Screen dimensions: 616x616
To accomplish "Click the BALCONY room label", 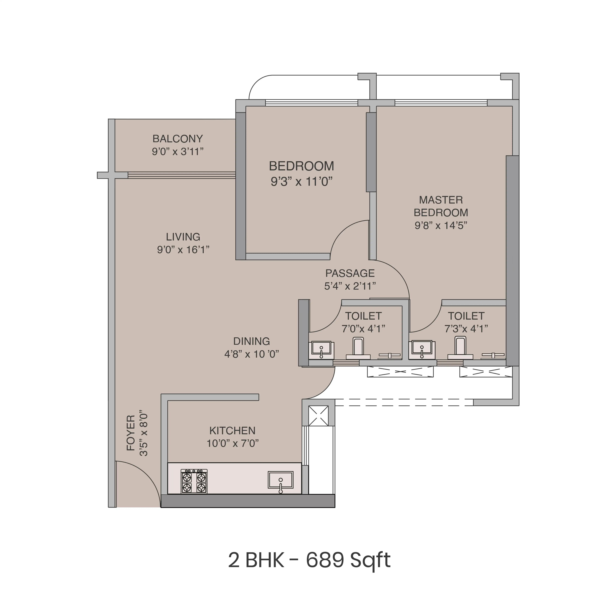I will pyautogui.click(x=178, y=139).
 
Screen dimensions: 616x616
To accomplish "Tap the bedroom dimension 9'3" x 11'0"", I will pyautogui.click(x=301, y=182).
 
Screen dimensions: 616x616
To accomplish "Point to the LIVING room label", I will pyautogui.click(x=183, y=237).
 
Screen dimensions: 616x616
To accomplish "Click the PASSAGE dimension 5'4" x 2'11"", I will pyautogui.click(x=350, y=286).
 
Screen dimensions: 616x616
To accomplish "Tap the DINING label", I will pyautogui.click(x=252, y=341).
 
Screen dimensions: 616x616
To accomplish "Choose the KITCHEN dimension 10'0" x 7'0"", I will pyautogui.click(x=232, y=443).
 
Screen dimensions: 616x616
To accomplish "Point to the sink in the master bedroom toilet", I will pyautogui.click(x=422, y=349).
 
